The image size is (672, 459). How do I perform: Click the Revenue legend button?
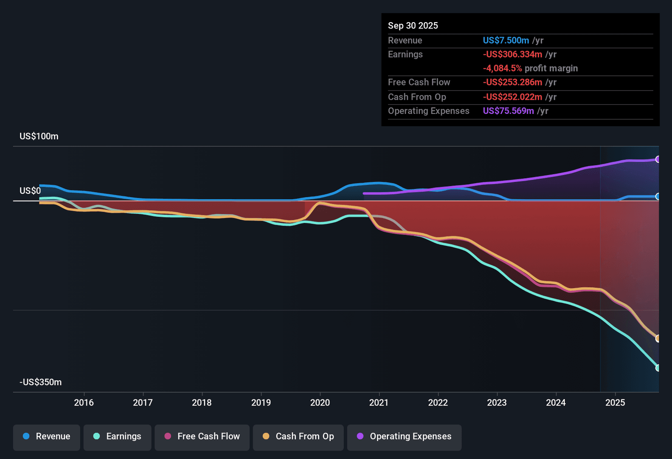pos(47,436)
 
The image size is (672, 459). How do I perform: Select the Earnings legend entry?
pos(117,436)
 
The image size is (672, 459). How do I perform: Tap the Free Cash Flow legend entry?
pos(202,436)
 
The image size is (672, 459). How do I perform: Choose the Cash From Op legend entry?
pos(298,436)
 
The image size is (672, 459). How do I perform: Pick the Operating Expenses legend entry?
pos(404,436)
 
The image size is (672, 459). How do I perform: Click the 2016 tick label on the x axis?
pos(84,402)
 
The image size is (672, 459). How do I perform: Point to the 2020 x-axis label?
pos(320,402)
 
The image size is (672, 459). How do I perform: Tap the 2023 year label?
pos(497,402)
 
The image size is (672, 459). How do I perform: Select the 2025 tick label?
pos(615,402)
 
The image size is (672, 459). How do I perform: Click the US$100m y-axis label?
pos(39,136)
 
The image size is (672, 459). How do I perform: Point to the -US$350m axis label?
pos(41,382)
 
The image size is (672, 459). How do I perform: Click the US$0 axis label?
pos(30,191)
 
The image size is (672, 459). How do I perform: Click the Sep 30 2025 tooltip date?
pos(413,25)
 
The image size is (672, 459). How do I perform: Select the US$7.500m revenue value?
pos(506,40)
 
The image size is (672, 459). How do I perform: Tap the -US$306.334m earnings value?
pos(512,54)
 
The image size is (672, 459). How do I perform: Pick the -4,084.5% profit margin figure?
pos(502,68)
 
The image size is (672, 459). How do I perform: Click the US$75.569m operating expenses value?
pos(508,111)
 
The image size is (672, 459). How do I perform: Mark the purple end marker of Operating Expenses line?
pos(658,159)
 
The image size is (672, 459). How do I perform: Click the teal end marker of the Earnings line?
pos(658,368)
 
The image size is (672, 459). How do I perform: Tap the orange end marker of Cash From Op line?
pos(658,338)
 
